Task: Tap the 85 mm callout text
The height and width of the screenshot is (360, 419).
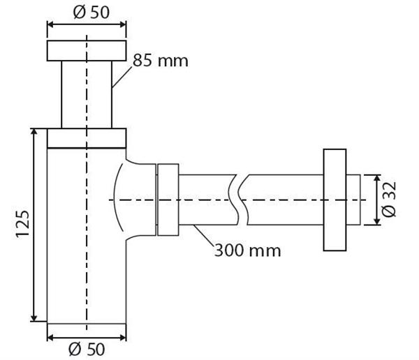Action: point(161,61)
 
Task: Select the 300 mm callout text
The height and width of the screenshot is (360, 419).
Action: point(248,249)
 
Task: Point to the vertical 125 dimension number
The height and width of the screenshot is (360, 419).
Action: point(20,225)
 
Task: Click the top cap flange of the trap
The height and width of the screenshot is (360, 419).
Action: point(87,51)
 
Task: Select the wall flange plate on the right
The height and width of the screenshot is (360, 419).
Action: point(334,200)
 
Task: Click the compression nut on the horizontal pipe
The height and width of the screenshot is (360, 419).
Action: point(168,200)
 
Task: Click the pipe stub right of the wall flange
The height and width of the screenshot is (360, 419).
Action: point(355,200)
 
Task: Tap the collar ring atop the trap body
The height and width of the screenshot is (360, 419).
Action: point(87,137)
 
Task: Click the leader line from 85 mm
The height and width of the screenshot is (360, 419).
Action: point(122,75)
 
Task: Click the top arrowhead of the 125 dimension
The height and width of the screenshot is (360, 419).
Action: point(34,133)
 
